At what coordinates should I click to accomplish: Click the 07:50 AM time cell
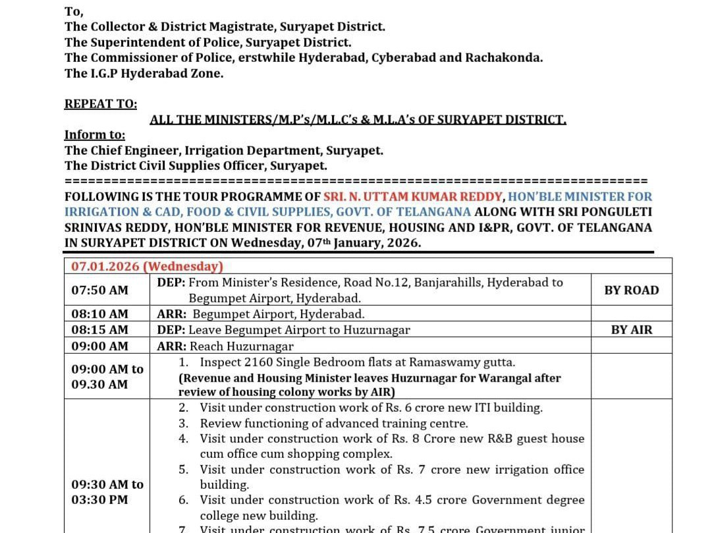coord(99,291)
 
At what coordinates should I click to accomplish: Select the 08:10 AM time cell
coord(99,314)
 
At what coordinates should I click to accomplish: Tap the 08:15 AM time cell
coord(99,330)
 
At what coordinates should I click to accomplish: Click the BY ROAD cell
coord(631,291)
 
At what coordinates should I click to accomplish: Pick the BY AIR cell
coord(631,330)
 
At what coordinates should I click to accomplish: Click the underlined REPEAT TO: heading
coord(101,104)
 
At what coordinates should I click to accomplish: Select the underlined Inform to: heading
coord(94,135)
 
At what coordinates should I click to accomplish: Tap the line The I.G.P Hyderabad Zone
coord(144,73)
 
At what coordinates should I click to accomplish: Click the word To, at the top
coord(74,11)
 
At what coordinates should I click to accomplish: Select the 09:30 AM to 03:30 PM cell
coord(107,492)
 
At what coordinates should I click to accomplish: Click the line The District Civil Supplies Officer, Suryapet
coord(196,166)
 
